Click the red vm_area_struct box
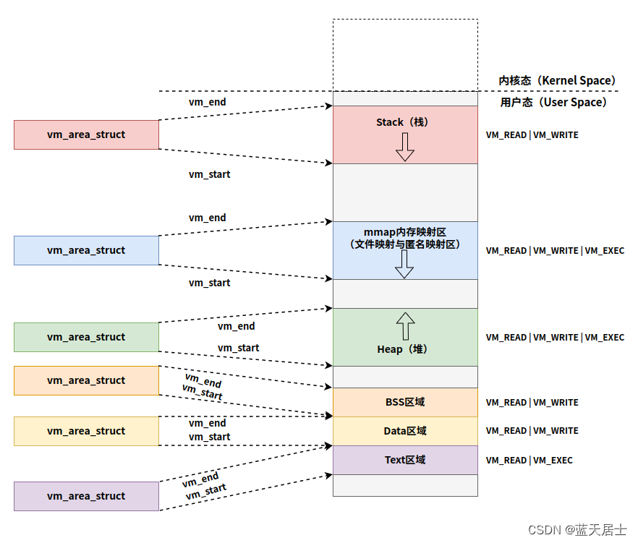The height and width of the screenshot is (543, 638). pos(86,134)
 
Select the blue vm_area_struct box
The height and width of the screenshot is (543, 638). pos(86,250)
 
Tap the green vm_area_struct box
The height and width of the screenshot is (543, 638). pos(86,337)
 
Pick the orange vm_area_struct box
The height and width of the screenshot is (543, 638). pos(86,380)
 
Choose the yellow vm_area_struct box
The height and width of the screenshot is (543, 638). pos(86,431)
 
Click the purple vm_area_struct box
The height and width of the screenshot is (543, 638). pos(86,496)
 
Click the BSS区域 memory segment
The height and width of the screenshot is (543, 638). pos(405,402)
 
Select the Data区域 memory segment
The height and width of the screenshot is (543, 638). pos(405,431)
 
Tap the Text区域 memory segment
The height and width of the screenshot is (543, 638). pos(405,460)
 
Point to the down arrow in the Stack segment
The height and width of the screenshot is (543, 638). pos(405,147)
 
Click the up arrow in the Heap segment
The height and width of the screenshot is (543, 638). pos(405,326)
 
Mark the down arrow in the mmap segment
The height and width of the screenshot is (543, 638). pos(405,264)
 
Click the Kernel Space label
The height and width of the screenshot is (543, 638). pos(557,80)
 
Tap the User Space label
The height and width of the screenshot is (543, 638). pos(553,102)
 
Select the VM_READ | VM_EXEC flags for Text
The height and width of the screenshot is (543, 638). pos(529,460)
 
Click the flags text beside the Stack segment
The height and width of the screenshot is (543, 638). pos(532,134)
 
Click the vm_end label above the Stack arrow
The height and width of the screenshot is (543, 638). pos(208,102)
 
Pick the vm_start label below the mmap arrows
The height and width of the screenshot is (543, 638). pos(210,283)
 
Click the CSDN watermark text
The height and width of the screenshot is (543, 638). pos(577,529)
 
